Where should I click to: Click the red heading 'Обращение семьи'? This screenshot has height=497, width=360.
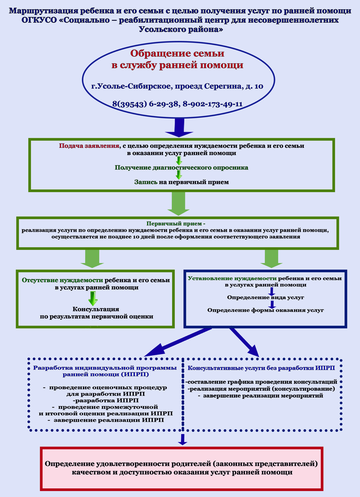(177, 53)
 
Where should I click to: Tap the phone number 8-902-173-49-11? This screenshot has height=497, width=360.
(212, 104)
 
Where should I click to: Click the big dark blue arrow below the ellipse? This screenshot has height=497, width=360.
(179, 128)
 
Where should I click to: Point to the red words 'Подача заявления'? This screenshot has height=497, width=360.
(89, 146)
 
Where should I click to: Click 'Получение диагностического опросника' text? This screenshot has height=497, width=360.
(182, 168)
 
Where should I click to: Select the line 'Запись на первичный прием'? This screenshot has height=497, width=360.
(182, 182)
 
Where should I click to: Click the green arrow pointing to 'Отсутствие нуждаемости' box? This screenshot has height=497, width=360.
(92, 259)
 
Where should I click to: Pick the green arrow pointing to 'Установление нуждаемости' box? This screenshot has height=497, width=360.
(271, 259)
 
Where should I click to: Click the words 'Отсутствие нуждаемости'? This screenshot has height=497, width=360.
(62, 280)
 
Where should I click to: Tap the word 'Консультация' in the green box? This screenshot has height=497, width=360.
(96, 309)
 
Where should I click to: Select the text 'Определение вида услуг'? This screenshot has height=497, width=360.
(266, 297)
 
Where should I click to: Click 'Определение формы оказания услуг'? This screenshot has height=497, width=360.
(266, 310)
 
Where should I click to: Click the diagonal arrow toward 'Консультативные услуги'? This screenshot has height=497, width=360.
(244, 342)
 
